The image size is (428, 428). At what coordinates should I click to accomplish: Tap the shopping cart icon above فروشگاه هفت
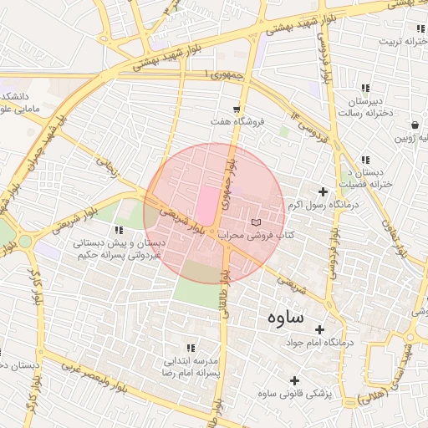tap(237, 109)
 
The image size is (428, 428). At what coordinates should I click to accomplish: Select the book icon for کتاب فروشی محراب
tap(256, 222)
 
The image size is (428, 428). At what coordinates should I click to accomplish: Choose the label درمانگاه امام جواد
tap(320, 343)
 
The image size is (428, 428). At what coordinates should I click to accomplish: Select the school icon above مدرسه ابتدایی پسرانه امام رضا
tap(191, 348)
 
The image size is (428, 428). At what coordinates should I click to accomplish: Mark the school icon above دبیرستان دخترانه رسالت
tap(365, 88)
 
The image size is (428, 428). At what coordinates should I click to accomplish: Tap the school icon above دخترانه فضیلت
tap(365, 160)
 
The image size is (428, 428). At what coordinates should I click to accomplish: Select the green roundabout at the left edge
tap(26, 242)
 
